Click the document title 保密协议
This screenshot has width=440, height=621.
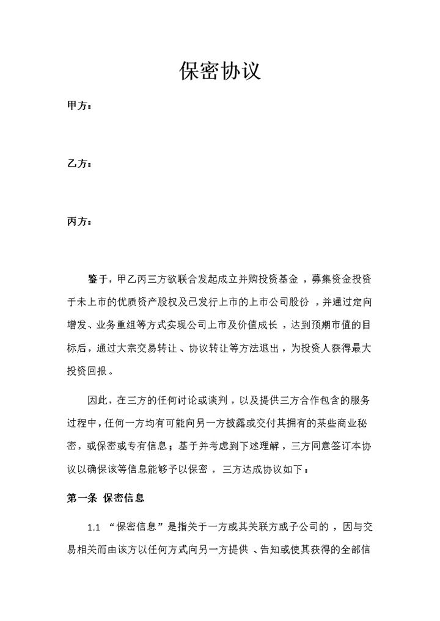[x=220, y=71]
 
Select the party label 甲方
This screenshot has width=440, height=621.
[x=79, y=106]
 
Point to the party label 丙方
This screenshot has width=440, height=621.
[x=79, y=221]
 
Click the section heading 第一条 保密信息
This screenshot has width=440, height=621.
[x=105, y=498]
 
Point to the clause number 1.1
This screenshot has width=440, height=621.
[x=94, y=527]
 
